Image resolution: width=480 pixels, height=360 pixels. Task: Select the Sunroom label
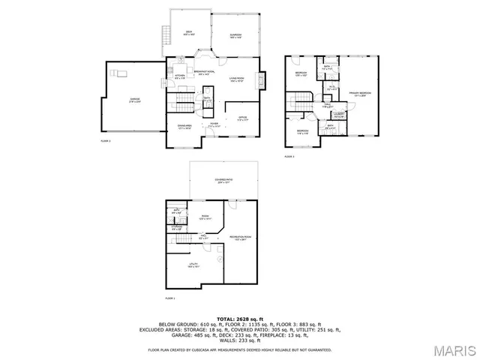[x=236, y=32]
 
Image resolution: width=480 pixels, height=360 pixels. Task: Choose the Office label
[x=242, y=118]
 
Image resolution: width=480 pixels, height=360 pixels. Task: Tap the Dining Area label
[x=184, y=126]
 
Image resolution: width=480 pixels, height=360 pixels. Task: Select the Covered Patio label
[x=223, y=181]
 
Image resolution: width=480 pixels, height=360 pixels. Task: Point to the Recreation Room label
[x=240, y=238]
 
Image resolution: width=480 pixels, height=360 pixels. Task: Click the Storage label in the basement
[x=177, y=228]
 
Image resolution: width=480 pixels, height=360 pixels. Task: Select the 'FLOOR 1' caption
[x=169, y=298]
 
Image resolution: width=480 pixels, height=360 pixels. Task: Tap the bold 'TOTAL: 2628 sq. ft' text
[x=240, y=319]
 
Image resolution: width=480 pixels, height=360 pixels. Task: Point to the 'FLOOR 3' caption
[x=289, y=157]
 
